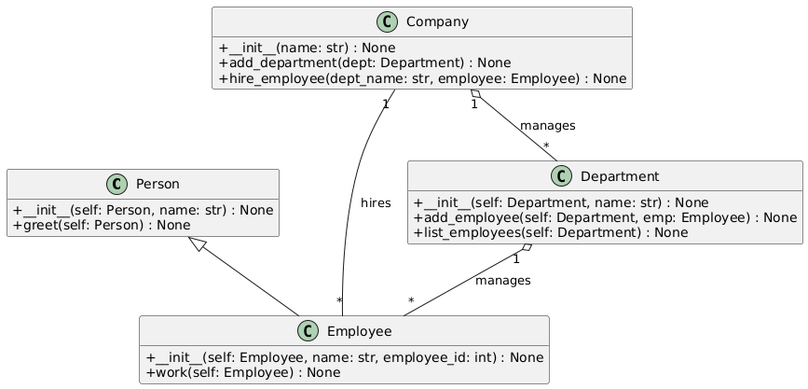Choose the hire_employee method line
click(x=422, y=78)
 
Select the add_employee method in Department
click(x=605, y=217)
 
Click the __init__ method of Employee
click(x=345, y=357)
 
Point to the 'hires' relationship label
click(x=376, y=202)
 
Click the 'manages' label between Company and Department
click(x=547, y=125)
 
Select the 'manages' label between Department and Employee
click(x=502, y=280)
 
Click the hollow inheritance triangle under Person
click(x=198, y=244)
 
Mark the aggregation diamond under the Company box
click(x=477, y=95)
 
